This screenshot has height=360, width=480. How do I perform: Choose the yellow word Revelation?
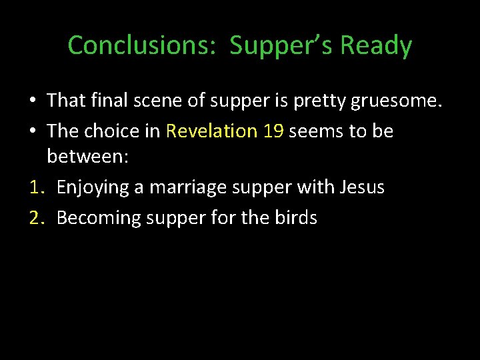pyautogui.click(x=211, y=131)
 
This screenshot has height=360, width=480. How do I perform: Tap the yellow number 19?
pyautogui.click(x=273, y=131)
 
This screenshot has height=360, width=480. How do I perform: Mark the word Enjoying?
pyautogui.click(x=93, y=188)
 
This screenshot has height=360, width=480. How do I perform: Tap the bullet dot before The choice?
pyautogui.click(x=32, y=131)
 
